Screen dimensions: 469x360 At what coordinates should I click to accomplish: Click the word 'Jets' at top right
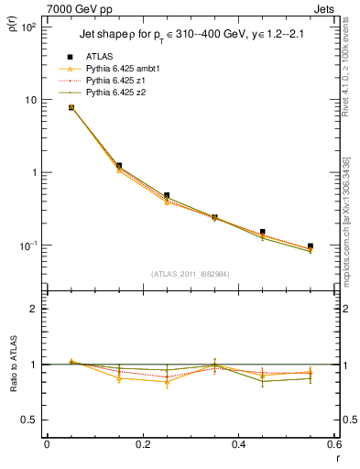click(x=325, y=8)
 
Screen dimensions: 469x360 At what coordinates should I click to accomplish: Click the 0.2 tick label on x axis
click(x=142, y=444)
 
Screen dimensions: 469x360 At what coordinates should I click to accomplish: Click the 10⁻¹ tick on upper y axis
click(x=27, y=245)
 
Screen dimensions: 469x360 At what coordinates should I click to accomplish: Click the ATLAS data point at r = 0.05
click(x=71, y=107)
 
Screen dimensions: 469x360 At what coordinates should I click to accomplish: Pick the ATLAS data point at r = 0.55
click(x=311, y=246)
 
